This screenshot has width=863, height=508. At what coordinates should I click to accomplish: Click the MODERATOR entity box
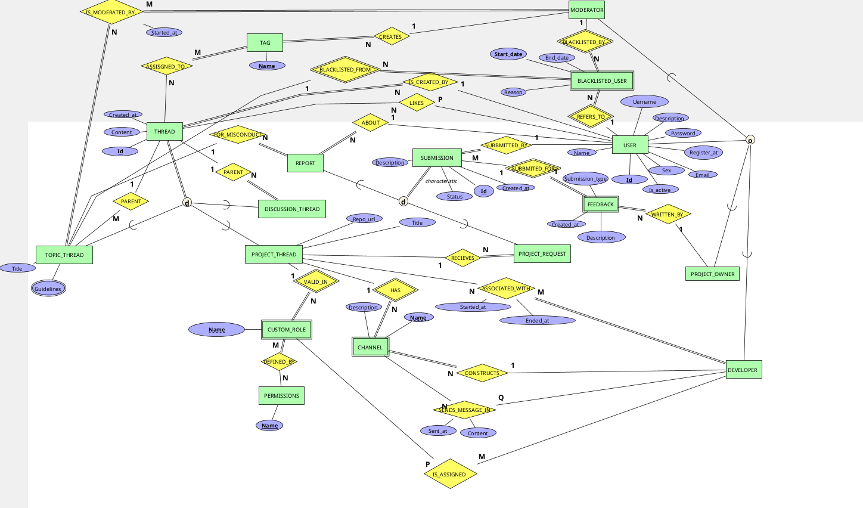[x=586, y=10]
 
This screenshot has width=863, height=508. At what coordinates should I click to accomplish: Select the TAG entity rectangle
[x=265, y=43]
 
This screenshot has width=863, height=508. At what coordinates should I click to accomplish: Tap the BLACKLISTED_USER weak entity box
[x=602, y=80]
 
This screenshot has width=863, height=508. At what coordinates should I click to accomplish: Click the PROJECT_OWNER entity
[x=712, y=274]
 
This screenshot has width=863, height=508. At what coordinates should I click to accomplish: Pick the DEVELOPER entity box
[x=743, y=370]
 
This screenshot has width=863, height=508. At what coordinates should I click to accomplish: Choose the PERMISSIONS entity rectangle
[x=281, y=395]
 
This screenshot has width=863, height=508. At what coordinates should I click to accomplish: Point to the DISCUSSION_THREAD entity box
[x=292, y=209]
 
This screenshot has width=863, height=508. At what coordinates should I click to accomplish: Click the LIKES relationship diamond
[x=417, y=103]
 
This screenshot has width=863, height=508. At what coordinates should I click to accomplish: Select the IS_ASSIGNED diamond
[x=449, y=474]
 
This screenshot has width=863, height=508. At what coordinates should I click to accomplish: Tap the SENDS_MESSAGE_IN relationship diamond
[x=464, y=410]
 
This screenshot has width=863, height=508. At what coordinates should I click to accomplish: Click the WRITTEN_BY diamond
[x=668, y=215]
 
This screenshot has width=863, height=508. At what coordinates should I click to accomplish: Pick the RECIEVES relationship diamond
[x=462, y=258]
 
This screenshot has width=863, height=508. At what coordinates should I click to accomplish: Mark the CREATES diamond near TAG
[x=390, y=37]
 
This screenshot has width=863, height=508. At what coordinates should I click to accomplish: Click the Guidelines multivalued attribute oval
[x=48, y=289]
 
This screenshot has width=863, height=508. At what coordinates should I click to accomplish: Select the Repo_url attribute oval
[x=364, y=219]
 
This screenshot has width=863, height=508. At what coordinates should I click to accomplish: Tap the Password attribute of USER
[x=683, y=134]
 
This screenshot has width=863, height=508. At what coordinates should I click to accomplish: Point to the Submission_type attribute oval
[x=585, y=179]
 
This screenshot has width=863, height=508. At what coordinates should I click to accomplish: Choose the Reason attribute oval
[x=513, y=92]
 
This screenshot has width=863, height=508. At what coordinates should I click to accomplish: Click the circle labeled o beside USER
[x=750, y=140]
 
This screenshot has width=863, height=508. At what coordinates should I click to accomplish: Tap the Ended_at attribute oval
[x=537, y=321]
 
